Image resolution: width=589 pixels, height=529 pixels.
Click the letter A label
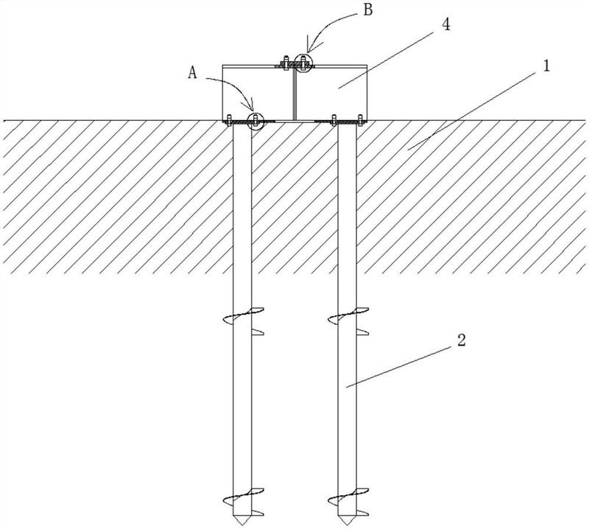click(x=192, y=72)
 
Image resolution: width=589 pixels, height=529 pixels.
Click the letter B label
click(x=368, y=10)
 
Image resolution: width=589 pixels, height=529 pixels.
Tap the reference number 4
click(x=446, y=25)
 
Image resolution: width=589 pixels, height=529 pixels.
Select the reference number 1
click(x=546, y=66)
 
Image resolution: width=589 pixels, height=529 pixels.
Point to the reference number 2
click(x=462, y=340)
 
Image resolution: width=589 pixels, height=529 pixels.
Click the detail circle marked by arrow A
click(x=255, y=121)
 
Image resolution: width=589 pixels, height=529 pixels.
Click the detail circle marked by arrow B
click(x=303, y=63)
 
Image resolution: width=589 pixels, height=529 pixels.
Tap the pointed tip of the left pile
click(x=242, y=525)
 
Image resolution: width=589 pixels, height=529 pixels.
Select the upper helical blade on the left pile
click(x=244, y=315)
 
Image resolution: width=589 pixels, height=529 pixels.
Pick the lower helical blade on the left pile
click(x=244, y=497)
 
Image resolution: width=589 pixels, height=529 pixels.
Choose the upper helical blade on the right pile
click(x=348, y=315)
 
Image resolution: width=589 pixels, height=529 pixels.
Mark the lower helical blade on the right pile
click(x=348, y=497)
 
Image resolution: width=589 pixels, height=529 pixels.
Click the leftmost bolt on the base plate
click(x=228, y=119)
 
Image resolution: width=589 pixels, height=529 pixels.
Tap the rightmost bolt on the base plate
click(x=360, y=119)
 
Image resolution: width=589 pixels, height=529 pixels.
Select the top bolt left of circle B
click(x=286, y=63)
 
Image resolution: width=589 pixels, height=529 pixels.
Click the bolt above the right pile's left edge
click(x=334, y=119)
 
